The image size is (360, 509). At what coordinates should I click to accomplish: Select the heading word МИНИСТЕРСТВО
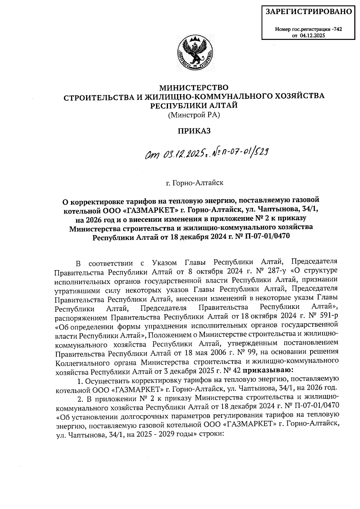pyautogui.click(x=193, y=88)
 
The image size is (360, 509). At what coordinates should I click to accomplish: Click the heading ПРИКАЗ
pyautogui.click(x=193, y=131)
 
